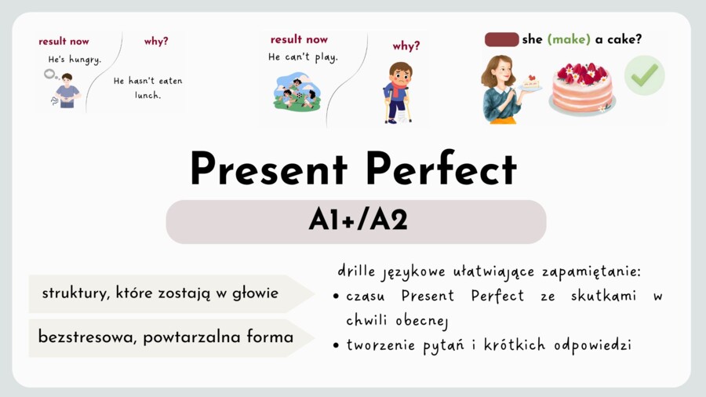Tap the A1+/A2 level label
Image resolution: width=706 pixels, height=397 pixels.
[x=357, y=221]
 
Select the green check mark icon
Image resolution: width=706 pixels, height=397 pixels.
[x=645, y=76]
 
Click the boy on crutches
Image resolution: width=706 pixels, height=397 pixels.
[x=398, y=91]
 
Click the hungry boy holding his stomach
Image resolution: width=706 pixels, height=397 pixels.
[x=67, y=89]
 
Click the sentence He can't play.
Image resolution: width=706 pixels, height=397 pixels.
[x=303, y=57]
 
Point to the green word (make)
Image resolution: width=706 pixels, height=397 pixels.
[x=568, y=39]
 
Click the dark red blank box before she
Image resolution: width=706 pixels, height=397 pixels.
[x=502, y=39]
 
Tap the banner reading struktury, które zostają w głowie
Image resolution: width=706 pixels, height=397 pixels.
[x=161, y=293]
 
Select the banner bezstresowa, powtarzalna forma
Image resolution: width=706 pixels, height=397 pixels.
[x=165, y=337]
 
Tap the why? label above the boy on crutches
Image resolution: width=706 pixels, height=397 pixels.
[x=406, y=46]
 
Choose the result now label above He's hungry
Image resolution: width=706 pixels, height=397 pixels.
[x=64, y=41]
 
